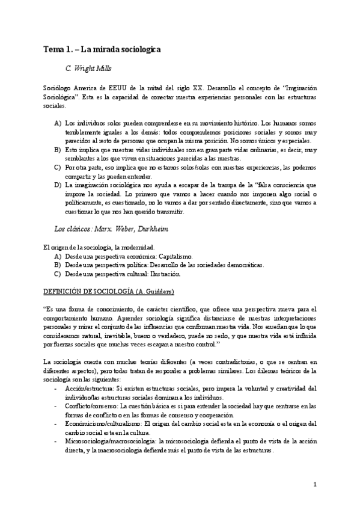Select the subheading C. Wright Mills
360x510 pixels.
88,68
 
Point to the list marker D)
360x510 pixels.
58,185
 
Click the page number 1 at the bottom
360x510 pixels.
315,485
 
